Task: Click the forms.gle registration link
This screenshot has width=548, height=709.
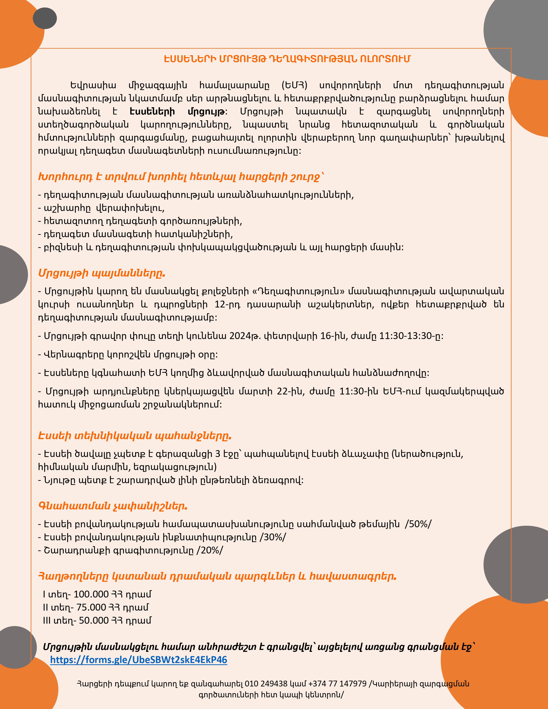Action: [x=139, y=660]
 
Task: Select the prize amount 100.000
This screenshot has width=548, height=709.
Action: [x=91, y=594]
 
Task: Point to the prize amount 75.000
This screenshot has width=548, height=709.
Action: [x=91, y=607]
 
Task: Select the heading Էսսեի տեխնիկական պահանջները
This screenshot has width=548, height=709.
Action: [x=135, y=436]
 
